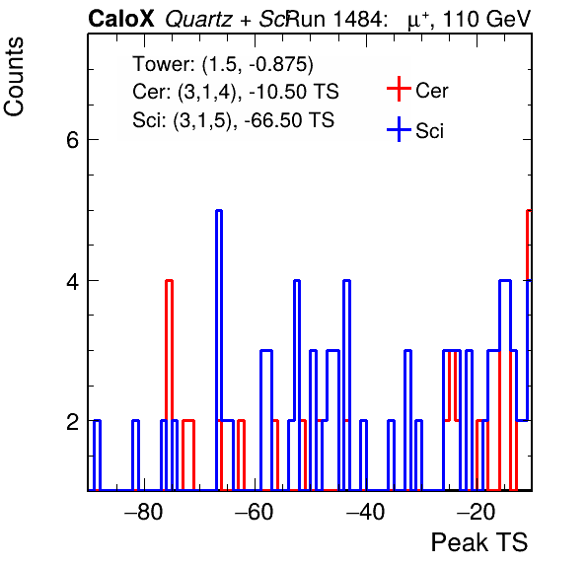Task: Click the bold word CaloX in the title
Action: pyautogui.click(x=121, y=19)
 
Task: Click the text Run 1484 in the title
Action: pyautogui.click(x=333, y=19)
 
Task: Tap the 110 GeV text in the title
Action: pyautogui.click(x=486, y=19)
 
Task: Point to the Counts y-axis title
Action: pyautogui.click(x=14, y=77)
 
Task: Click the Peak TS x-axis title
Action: pyautogui.click(x=479, y=542)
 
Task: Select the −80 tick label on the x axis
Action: pyautogui.click(x=144, y=512)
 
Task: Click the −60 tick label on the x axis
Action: pyautogui.click(x=255, y=512)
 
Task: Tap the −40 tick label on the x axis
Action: pyautogui.click(x=365, y=512)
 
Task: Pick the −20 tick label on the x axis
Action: pyautogui.click(x=477, y=512)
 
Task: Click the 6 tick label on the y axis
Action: pyautogui.click(x=72, y=141)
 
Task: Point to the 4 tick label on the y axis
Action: pyautogui.click(x=72, y=281)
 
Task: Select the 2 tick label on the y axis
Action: pyautogui.click(x=72, y=422)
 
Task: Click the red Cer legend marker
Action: pyautogui.click(x=399, y=89)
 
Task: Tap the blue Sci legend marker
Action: pyautogui.click(x=399, y=129)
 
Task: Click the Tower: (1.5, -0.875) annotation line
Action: pyautogui.click(x=223, y=64)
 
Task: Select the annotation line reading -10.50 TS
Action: pyautogui.click(x=236, y=92)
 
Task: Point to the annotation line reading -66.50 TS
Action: pyautogui.click(x=233, y=120)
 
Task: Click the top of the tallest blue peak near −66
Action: pyautogui.click(x=219, y=211)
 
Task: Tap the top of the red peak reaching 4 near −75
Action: pyautogui.click(x=169, y=280)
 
